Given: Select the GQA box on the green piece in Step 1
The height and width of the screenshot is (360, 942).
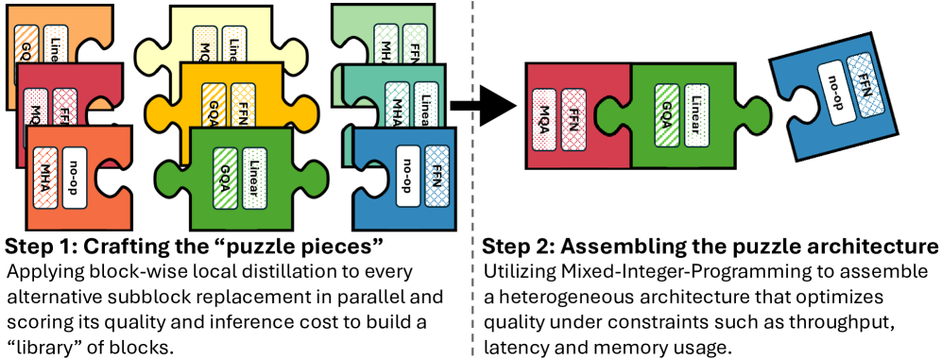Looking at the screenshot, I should (x=226, y=176).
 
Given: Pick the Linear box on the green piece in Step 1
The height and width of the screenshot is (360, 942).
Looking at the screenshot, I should (x=254, y=176).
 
